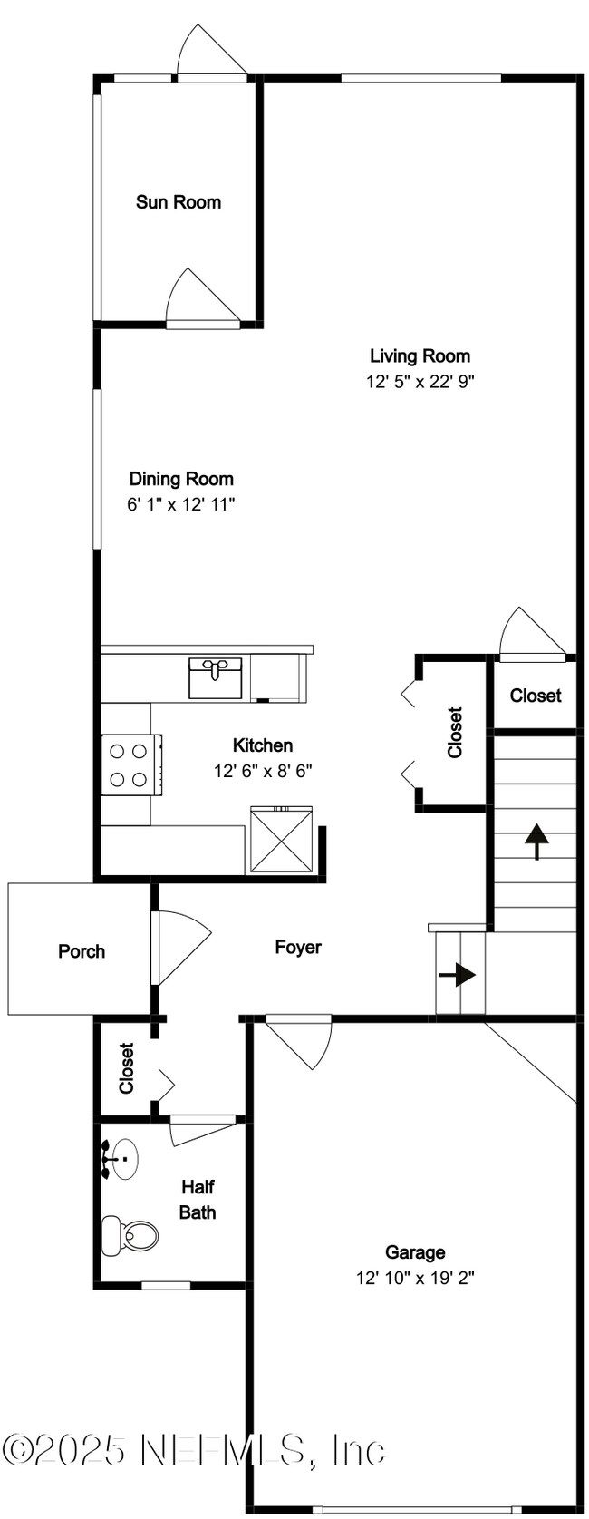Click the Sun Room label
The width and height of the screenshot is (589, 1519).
tap(179, 202)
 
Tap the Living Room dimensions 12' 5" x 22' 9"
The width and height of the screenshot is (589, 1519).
tap(420, 381)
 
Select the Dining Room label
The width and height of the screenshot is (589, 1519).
tap(181, 479)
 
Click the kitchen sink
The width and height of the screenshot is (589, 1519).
tap(215, 677)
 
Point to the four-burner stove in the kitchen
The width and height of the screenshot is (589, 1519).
tap(132, 764)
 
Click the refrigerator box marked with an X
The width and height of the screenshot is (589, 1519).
tap(281, 840)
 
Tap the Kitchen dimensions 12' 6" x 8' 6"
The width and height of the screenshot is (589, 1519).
tap(263, 771)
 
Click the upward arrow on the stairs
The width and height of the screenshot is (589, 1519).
tap(536, 842)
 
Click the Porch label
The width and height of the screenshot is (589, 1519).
tap(82, 951)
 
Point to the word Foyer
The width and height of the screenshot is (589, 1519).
tap(297, 947)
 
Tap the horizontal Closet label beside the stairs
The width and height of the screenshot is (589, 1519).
tap(536, 695)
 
